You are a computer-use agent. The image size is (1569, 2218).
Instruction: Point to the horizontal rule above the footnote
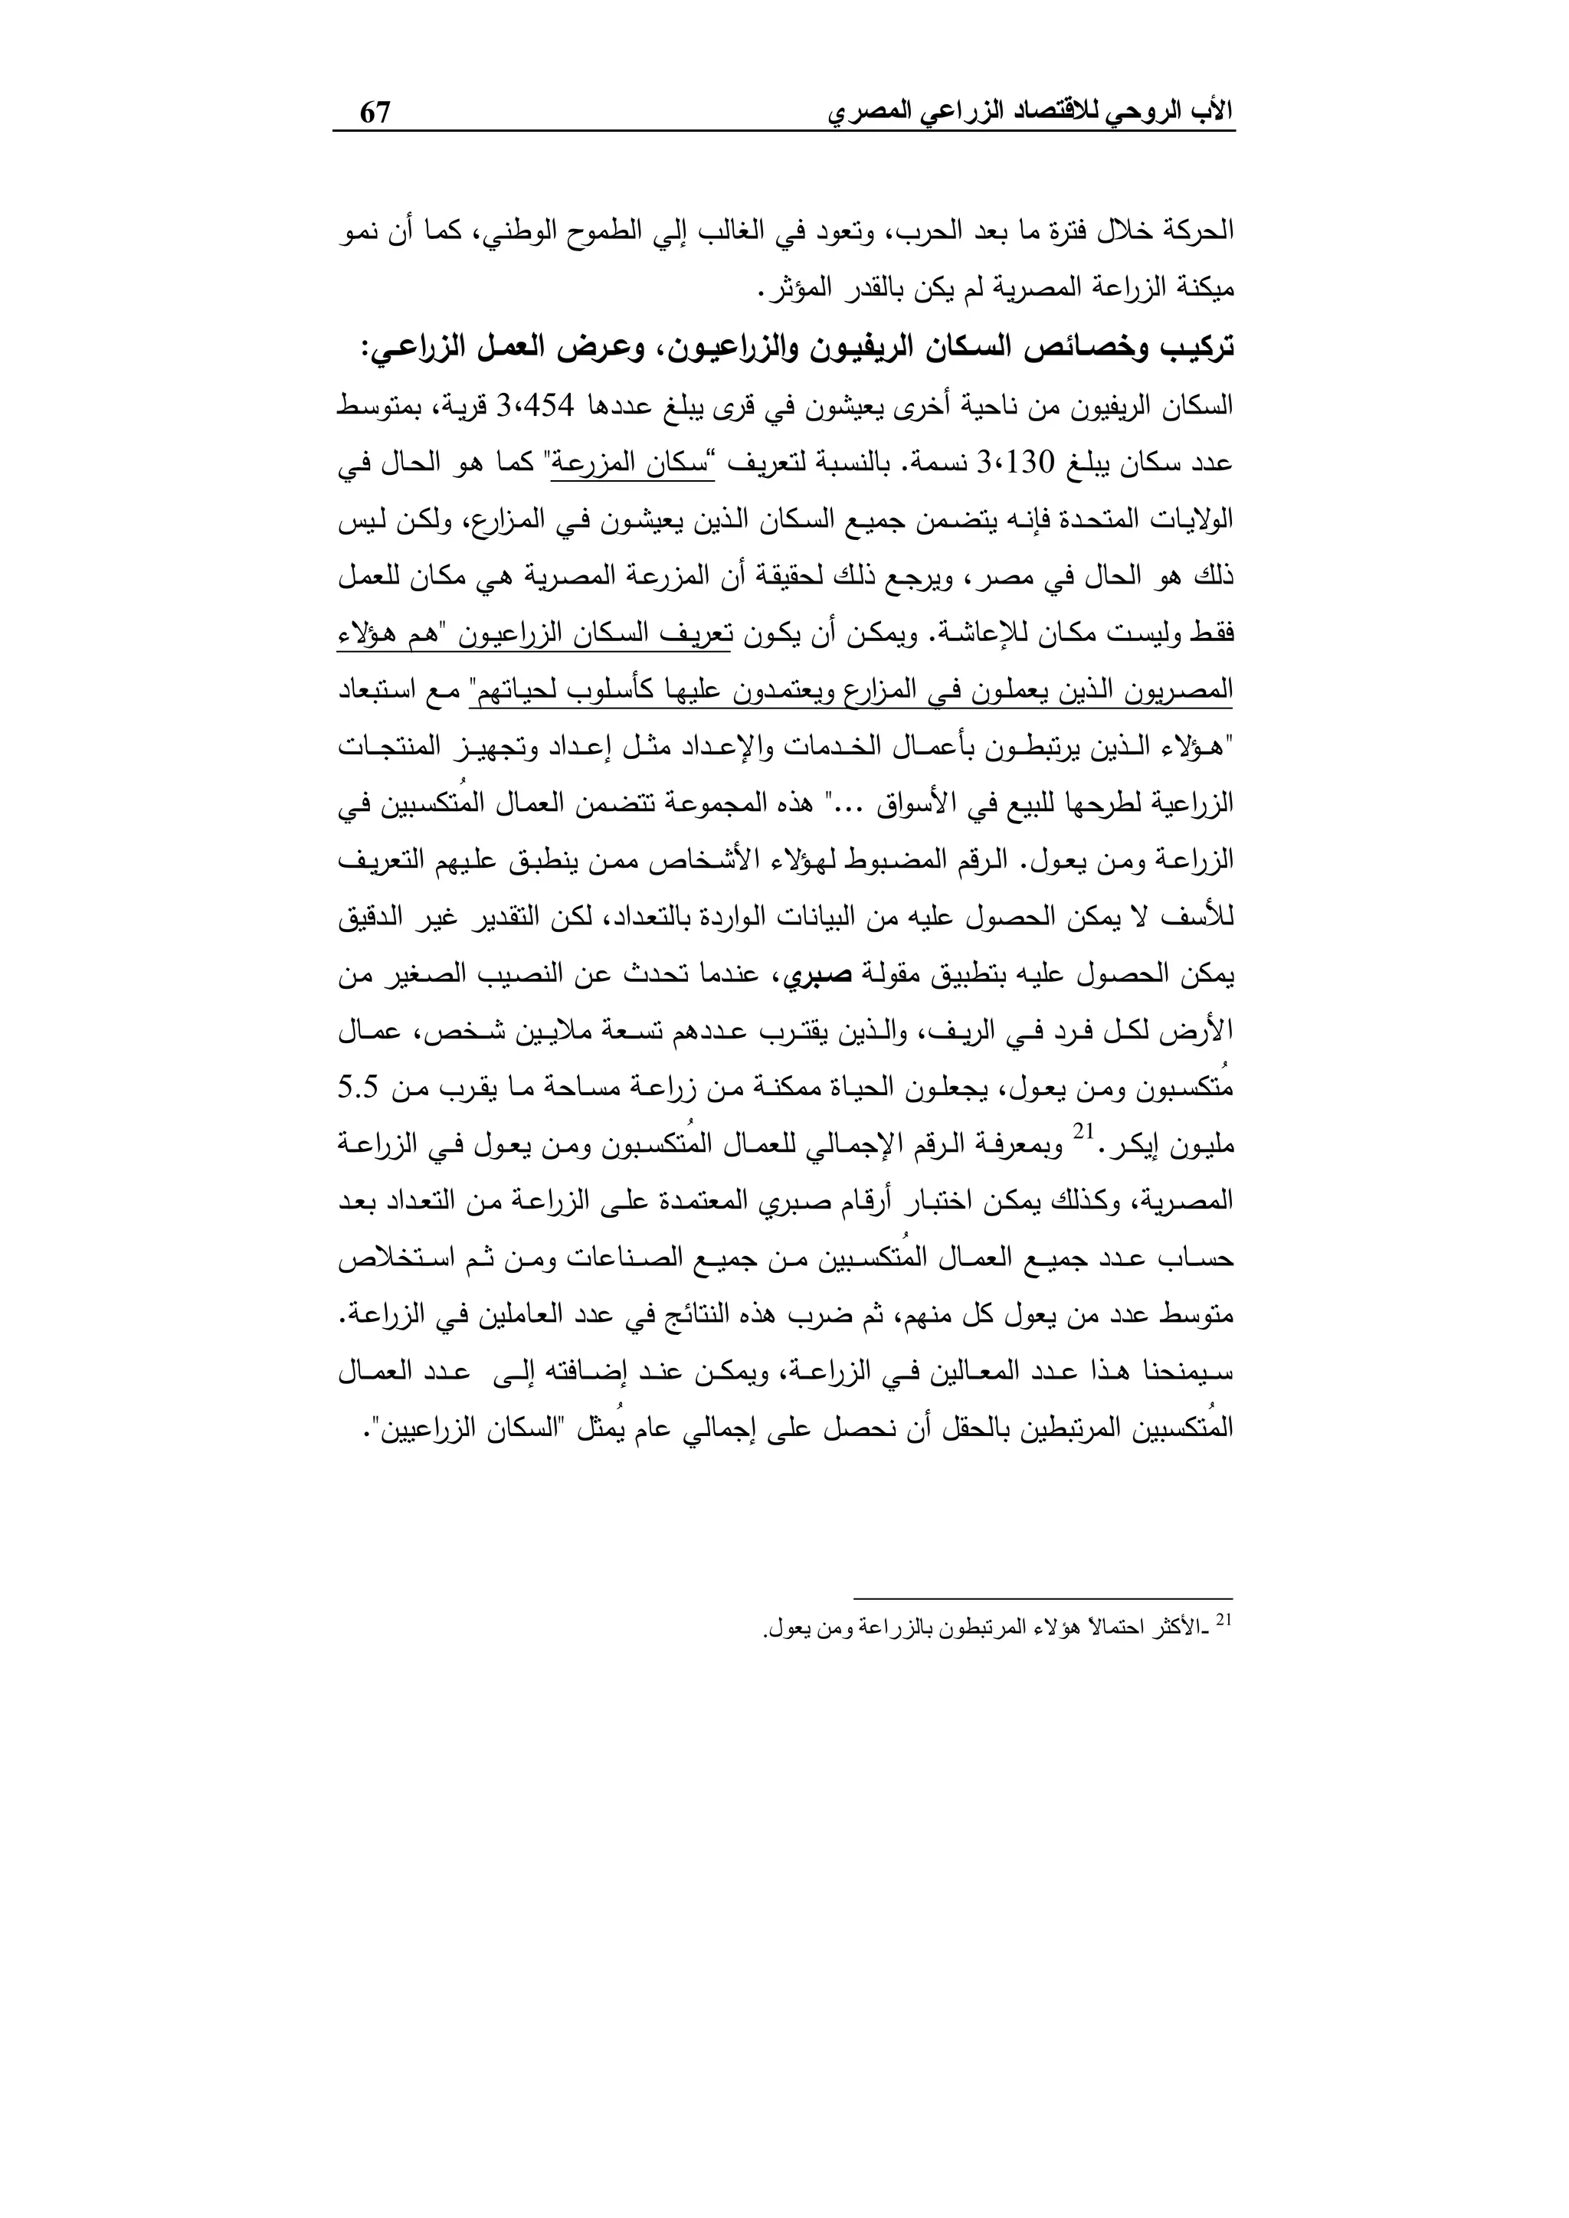pyautogui.click(x=1043, y=1598)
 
